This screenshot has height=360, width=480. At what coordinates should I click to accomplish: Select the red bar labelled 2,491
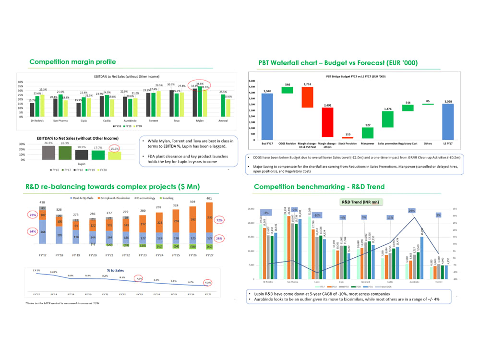tap(327, 122)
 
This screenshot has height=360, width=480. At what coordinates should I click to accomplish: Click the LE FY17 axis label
tap(447, 144)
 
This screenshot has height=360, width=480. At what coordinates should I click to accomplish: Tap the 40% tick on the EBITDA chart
tap(20, 82)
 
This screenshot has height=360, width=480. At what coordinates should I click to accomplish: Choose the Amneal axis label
tap(222, 122)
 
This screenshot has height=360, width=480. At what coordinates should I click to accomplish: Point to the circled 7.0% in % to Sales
tap(138, 277)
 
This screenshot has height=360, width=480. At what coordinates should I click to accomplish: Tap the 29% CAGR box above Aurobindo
tap(411, 210)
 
